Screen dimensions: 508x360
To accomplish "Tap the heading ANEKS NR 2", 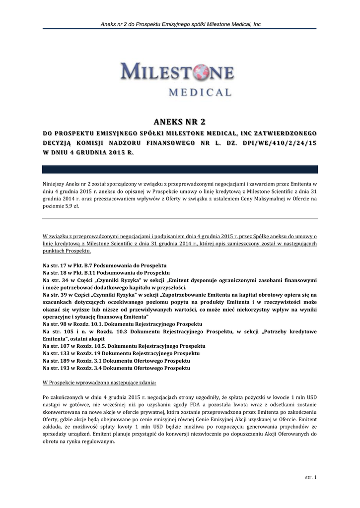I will click(179, 122).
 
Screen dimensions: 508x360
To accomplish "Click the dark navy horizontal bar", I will click(179, 169).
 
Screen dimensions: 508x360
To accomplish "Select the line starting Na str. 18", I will click(106, 273).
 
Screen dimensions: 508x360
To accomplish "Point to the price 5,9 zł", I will click(71, 206).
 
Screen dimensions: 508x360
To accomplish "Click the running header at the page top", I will click(180, 24).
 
